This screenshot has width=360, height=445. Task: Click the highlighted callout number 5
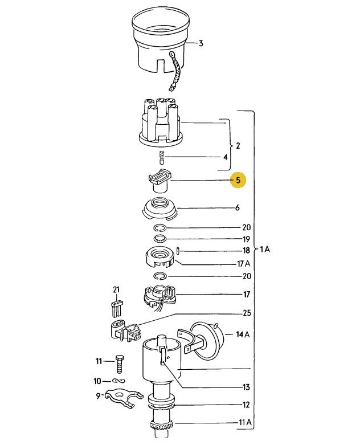238,180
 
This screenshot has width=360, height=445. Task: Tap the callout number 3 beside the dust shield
201,43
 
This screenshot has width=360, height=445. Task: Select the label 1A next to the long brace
265,250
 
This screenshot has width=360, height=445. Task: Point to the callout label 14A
243,334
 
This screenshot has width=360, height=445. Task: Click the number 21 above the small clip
116,290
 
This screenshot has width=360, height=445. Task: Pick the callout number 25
247,313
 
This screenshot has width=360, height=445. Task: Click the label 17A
244,264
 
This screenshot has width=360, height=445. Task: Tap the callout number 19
246,239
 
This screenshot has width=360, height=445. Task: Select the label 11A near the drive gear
245,422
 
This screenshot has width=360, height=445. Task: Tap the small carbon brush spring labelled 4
162,157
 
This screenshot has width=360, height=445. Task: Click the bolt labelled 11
120,364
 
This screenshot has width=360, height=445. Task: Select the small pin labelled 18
177,251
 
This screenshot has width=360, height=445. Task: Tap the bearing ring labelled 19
161,239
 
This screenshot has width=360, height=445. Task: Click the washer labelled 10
119,381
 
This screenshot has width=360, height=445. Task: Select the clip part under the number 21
116,308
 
